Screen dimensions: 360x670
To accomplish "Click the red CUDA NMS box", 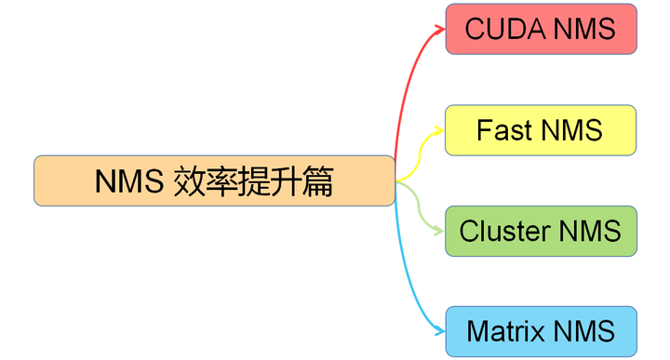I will point(541,29).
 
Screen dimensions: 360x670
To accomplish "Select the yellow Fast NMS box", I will point(541,130).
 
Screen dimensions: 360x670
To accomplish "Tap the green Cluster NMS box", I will point(541,231).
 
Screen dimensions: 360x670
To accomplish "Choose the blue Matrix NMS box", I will point(541,331).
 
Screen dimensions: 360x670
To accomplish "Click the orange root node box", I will point(214,180).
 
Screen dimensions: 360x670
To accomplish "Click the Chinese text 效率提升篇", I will point(253,180).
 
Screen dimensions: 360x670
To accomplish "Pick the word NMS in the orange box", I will point(129,180).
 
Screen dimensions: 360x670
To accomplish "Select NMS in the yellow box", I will point(571,130).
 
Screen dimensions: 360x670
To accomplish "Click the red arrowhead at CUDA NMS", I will point(440,29).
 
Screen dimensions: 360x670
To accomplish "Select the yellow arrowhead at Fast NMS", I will point(440,130).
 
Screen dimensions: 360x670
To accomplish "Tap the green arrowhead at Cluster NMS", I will point(440,231).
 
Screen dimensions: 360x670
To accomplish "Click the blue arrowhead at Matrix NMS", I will point(440,331).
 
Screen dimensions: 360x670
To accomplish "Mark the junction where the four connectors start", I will point(396,180).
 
